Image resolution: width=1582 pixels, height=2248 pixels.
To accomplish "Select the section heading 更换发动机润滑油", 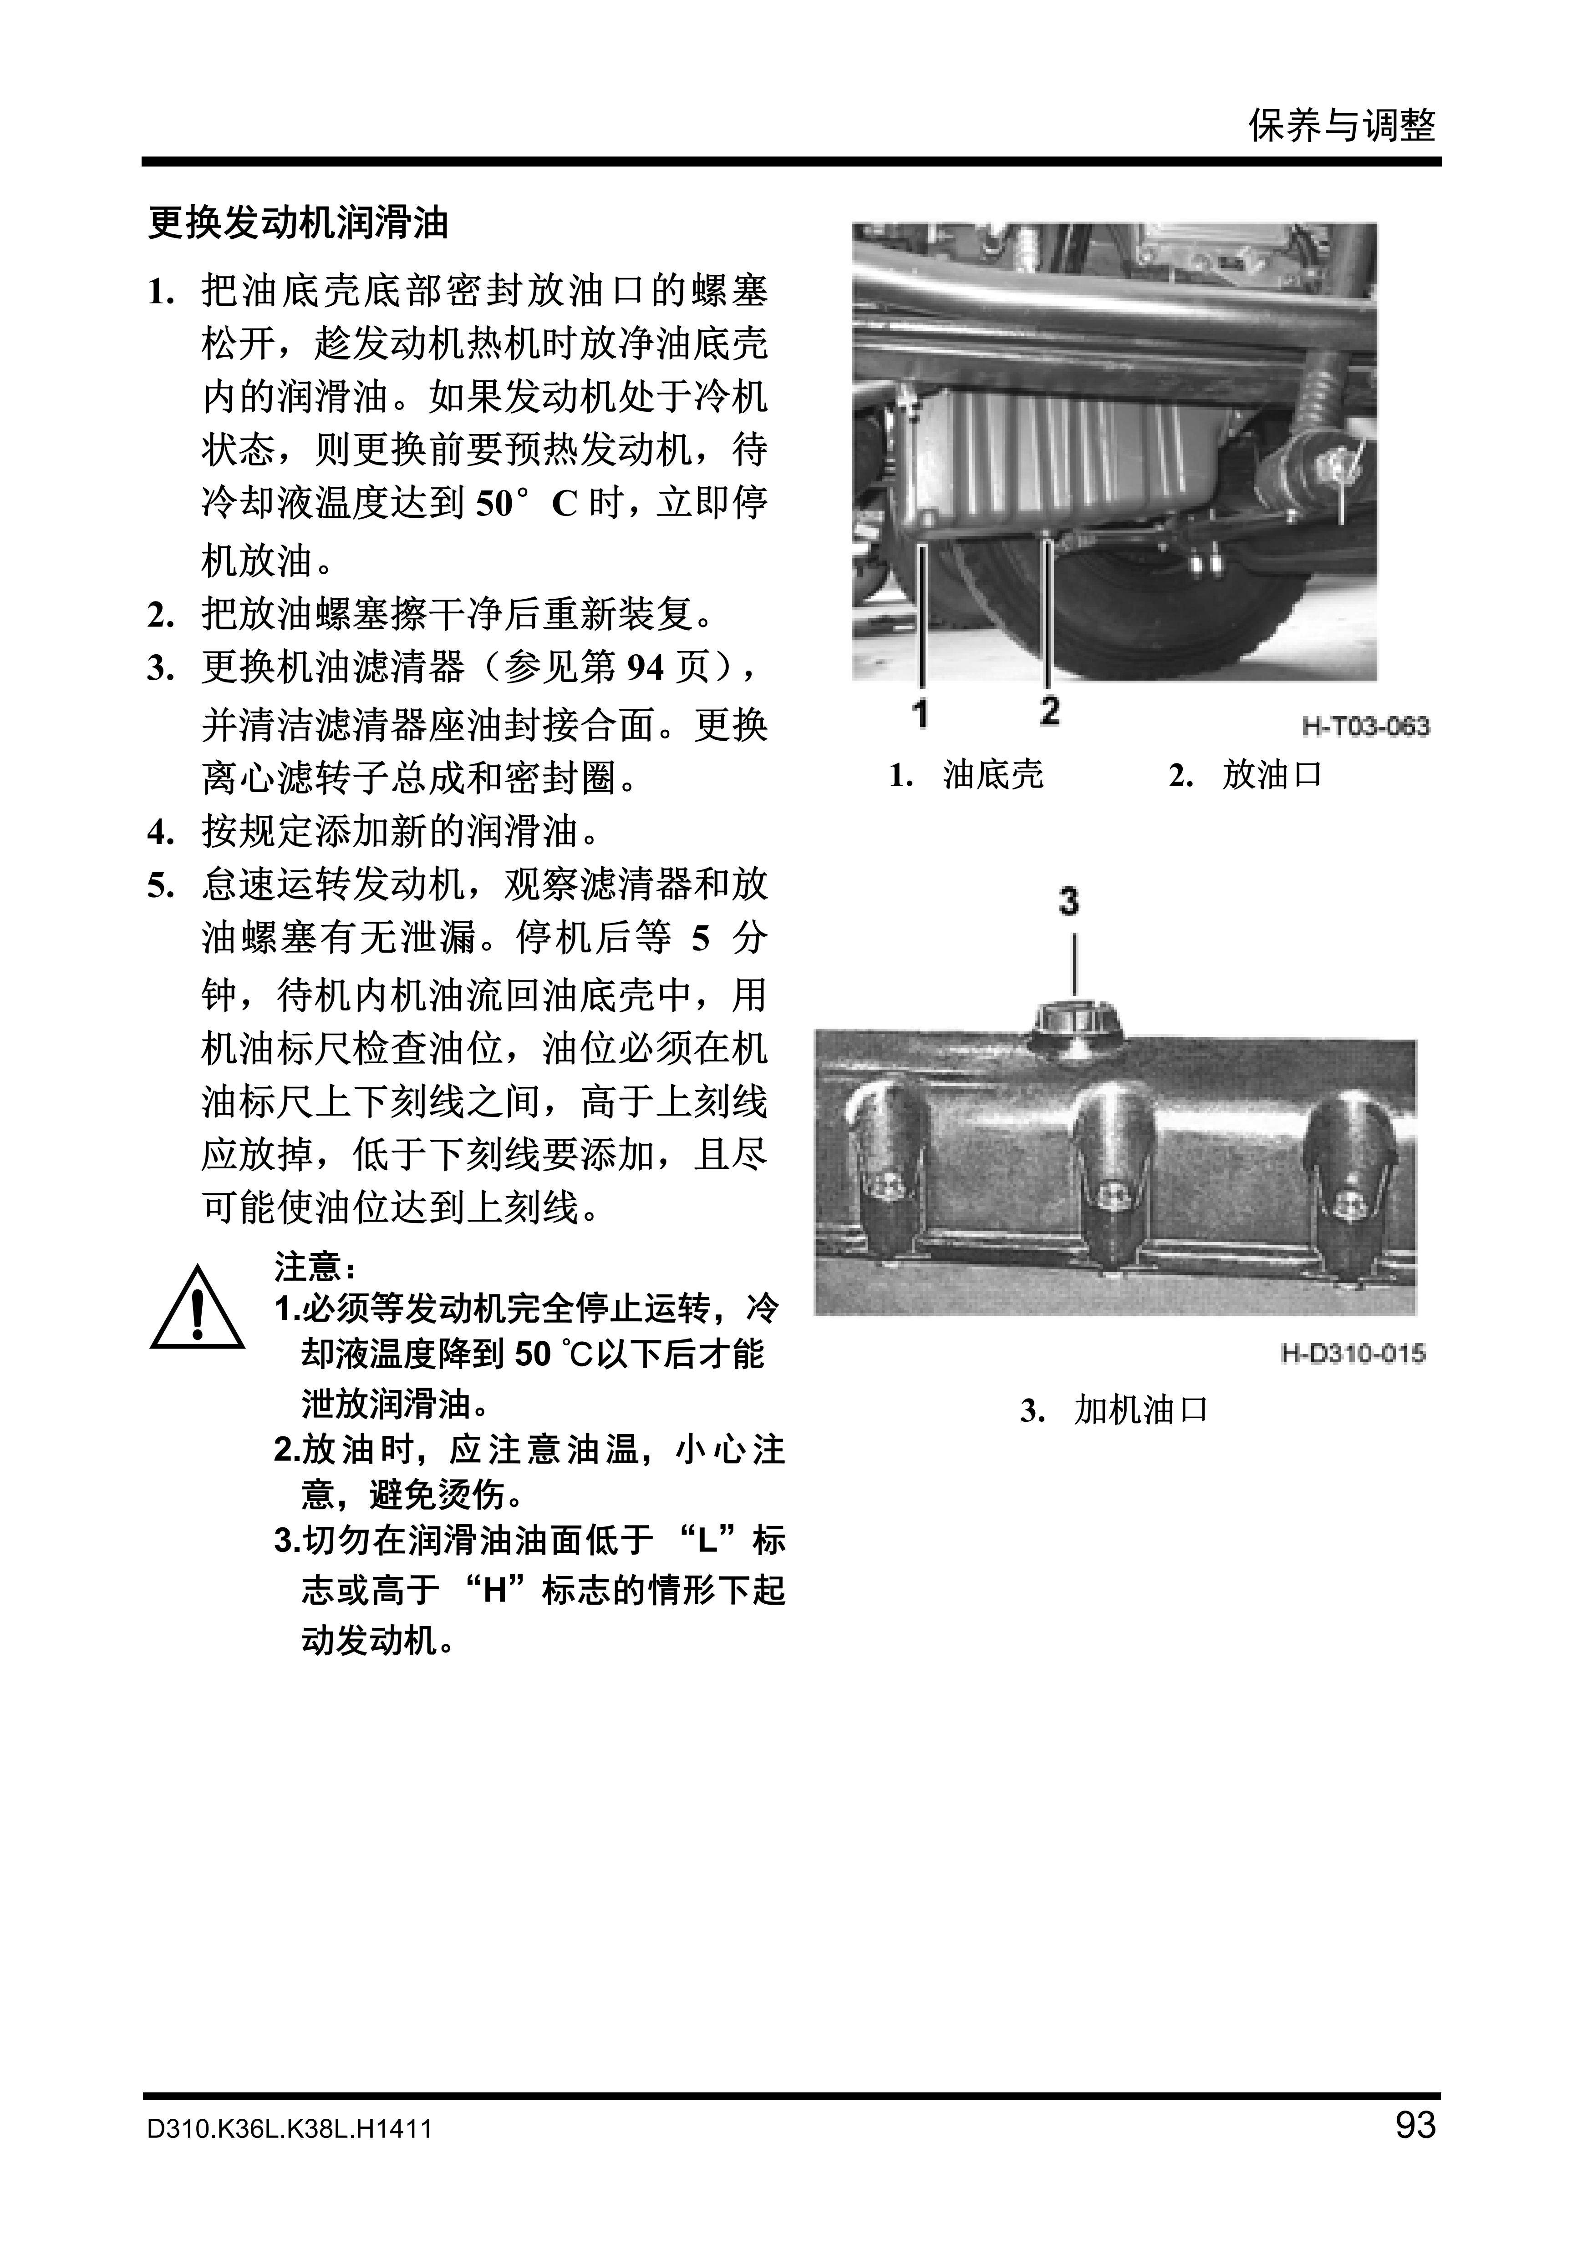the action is coord(298,223).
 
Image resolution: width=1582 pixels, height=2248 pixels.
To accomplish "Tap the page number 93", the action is coord(1414,2125).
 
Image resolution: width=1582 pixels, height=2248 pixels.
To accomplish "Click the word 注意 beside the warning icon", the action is coord(306,1267).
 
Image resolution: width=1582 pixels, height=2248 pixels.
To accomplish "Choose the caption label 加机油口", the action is coord(1141,1411).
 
